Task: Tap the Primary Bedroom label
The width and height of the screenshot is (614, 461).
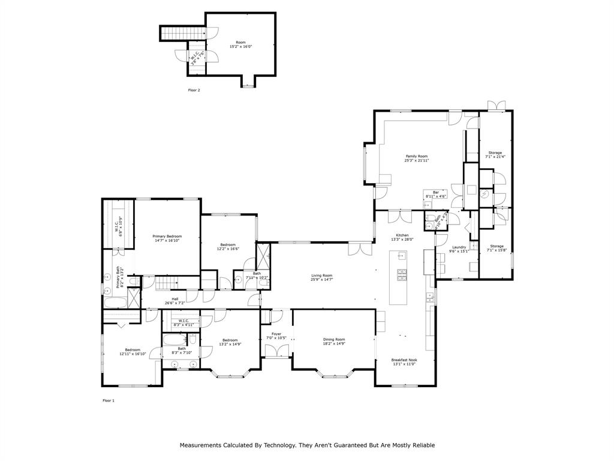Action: point(167,237)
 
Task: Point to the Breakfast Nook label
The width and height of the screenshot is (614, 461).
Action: point(405,360)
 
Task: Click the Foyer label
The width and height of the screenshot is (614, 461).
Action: point(276,334)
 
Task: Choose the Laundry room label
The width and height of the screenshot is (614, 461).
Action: point(459,247)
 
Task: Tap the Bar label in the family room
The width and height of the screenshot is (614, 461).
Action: point(436,192)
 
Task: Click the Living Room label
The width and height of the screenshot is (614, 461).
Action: point(321,275)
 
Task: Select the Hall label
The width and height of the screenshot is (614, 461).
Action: point(175,299)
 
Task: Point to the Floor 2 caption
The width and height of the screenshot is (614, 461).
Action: point(194,90)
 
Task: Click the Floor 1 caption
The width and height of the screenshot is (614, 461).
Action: point(108,400)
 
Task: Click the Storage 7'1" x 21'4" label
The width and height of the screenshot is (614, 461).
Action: point(495,152)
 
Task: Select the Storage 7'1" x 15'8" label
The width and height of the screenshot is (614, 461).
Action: point(496,246)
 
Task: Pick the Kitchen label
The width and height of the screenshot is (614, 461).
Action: point(402,235)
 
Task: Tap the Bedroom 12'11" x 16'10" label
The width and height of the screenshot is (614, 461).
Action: point(133,350)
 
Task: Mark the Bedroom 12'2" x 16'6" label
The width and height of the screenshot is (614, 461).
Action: point(228,244)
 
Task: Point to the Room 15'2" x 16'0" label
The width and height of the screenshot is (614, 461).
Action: point(240,42)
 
